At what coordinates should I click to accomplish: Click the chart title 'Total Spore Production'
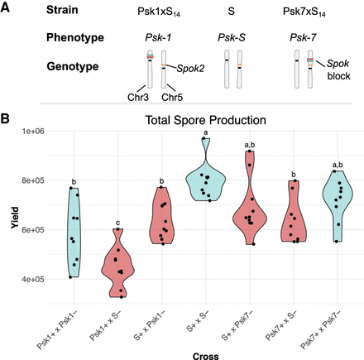(x=206, y=120)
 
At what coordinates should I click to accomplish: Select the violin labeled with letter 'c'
(x=119, y=265)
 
